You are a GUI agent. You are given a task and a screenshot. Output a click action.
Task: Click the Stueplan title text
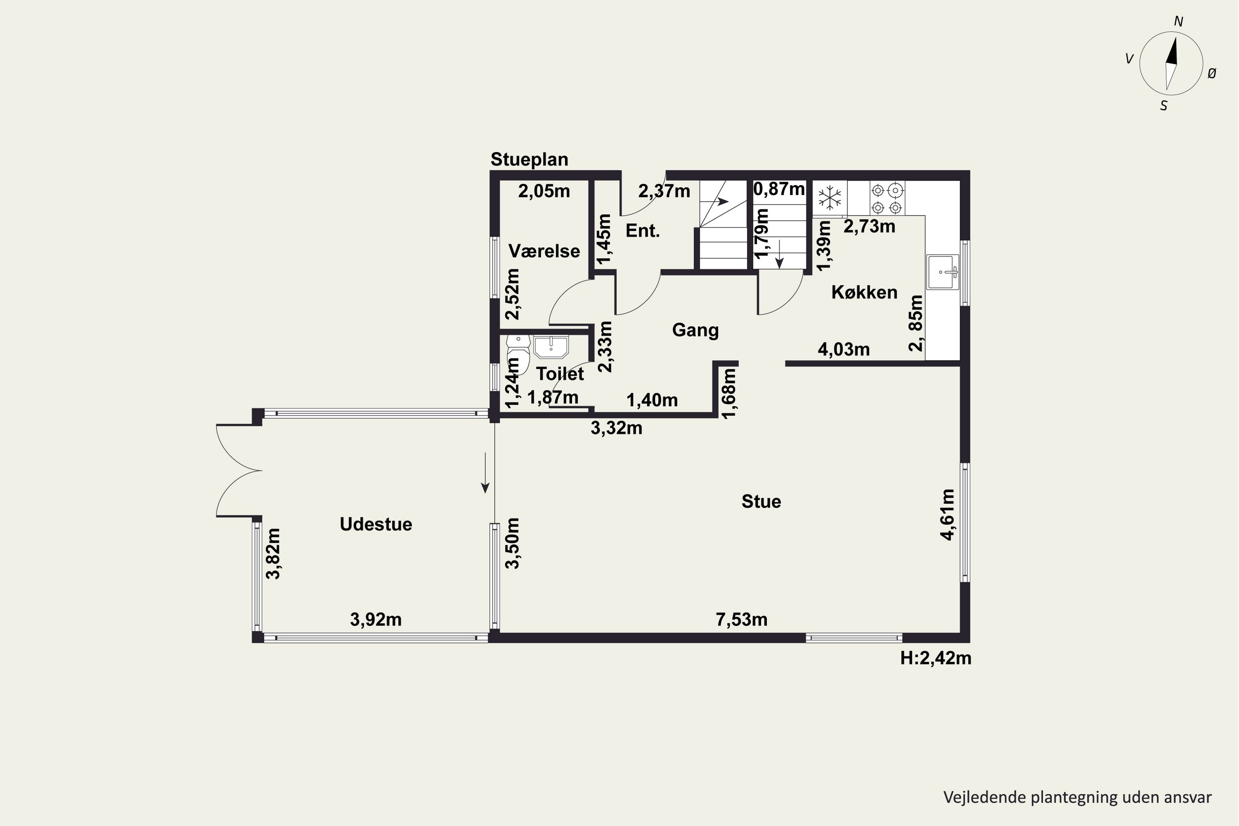(529, 159)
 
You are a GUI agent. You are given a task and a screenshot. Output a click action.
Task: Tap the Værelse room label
(544, 251)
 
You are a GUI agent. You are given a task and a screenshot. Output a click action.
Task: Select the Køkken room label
(864, 292)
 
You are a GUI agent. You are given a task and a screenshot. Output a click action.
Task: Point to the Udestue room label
(375, 524)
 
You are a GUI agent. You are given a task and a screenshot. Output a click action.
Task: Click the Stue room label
(761, 501)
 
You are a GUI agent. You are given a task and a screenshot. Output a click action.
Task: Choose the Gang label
(695, 330)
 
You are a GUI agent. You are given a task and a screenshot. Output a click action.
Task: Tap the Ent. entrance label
(643, 231)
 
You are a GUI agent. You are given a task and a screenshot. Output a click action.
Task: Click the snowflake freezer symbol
(830, 198)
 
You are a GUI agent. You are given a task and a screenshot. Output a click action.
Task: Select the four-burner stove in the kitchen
(887, 198)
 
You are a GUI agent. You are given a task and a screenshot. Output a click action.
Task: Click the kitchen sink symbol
(943, 272)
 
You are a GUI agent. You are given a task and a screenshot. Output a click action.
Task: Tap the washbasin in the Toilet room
(551, 347)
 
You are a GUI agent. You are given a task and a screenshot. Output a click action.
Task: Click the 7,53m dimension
(741, 619)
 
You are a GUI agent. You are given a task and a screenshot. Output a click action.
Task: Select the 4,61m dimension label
(947, 515)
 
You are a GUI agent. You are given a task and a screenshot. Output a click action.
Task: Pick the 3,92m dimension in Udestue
(375, 619)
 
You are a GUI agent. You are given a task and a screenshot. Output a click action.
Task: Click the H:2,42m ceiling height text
(935, 658)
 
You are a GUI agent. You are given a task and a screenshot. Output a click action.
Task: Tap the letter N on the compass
(1178, 21)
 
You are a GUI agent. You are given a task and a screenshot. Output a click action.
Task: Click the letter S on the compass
(1164, 106)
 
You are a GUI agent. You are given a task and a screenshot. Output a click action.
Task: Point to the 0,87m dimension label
(779, 189)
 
